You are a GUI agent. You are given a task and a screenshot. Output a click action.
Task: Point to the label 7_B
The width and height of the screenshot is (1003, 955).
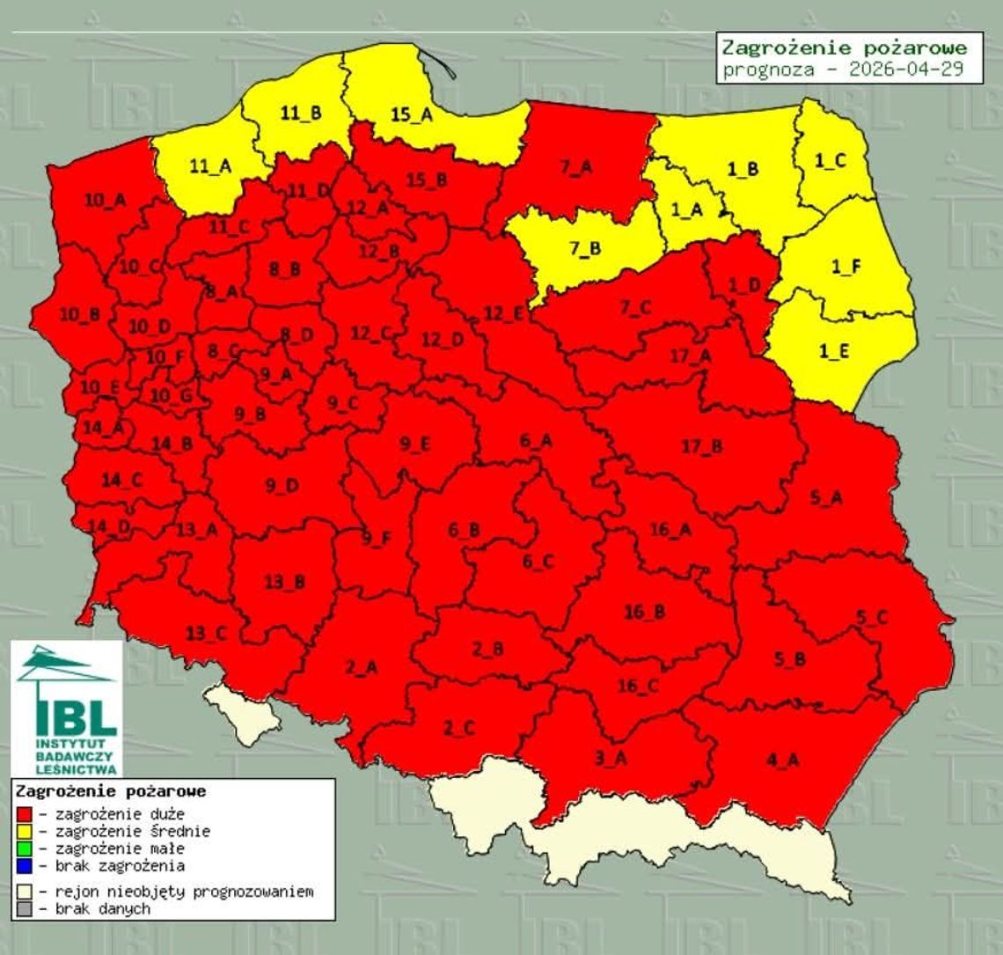point(584,248)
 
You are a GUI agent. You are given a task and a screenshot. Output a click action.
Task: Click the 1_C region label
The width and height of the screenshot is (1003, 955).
point(829,161)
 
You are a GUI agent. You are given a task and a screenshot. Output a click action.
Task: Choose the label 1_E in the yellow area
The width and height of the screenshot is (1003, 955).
point(834,350)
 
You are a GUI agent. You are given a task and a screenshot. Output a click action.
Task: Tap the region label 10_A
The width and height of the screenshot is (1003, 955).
point(105,201)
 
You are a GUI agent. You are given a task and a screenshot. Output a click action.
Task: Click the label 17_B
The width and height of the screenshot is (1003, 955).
point(701,446)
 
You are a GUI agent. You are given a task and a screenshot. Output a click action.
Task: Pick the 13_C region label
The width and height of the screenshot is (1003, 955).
point(205,632)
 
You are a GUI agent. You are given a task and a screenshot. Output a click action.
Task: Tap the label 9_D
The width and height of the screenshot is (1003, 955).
point(282,485)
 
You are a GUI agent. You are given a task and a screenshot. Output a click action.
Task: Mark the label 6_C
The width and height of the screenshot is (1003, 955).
point(538,561)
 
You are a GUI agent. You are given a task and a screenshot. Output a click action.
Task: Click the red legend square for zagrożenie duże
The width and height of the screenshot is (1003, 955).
point(25,814)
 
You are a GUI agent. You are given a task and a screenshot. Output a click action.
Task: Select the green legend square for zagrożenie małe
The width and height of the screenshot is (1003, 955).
point(25,848)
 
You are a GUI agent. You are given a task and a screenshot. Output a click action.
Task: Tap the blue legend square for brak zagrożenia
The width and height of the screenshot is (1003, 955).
point(25,865)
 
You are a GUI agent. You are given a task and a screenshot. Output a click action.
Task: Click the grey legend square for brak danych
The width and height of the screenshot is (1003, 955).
point(25,908)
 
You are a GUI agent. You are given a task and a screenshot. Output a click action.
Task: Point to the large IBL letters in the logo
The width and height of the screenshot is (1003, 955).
point(77,717)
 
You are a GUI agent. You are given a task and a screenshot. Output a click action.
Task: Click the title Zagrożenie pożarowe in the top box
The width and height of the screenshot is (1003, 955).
point(844,48)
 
